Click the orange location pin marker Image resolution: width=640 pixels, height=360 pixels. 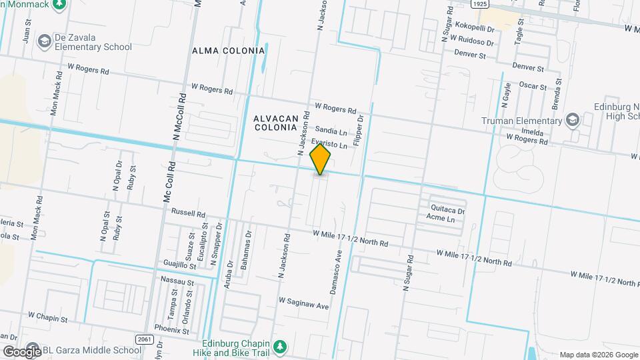pos(321,161)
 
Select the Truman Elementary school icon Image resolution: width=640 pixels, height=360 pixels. pos(572,121)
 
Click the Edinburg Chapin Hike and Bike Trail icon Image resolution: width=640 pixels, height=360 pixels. pos(281,347)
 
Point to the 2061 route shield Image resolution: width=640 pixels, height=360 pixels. pos(143,339)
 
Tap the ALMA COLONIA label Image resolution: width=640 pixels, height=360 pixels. pos(228,51)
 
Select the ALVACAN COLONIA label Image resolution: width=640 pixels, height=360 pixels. pos(275,122)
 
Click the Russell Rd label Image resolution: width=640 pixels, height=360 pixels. pos(188,213)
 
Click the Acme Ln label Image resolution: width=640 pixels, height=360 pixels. pos(441,219)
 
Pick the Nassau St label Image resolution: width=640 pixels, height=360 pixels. pos(177,283)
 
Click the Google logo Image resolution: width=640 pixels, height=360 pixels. pos(21,351)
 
